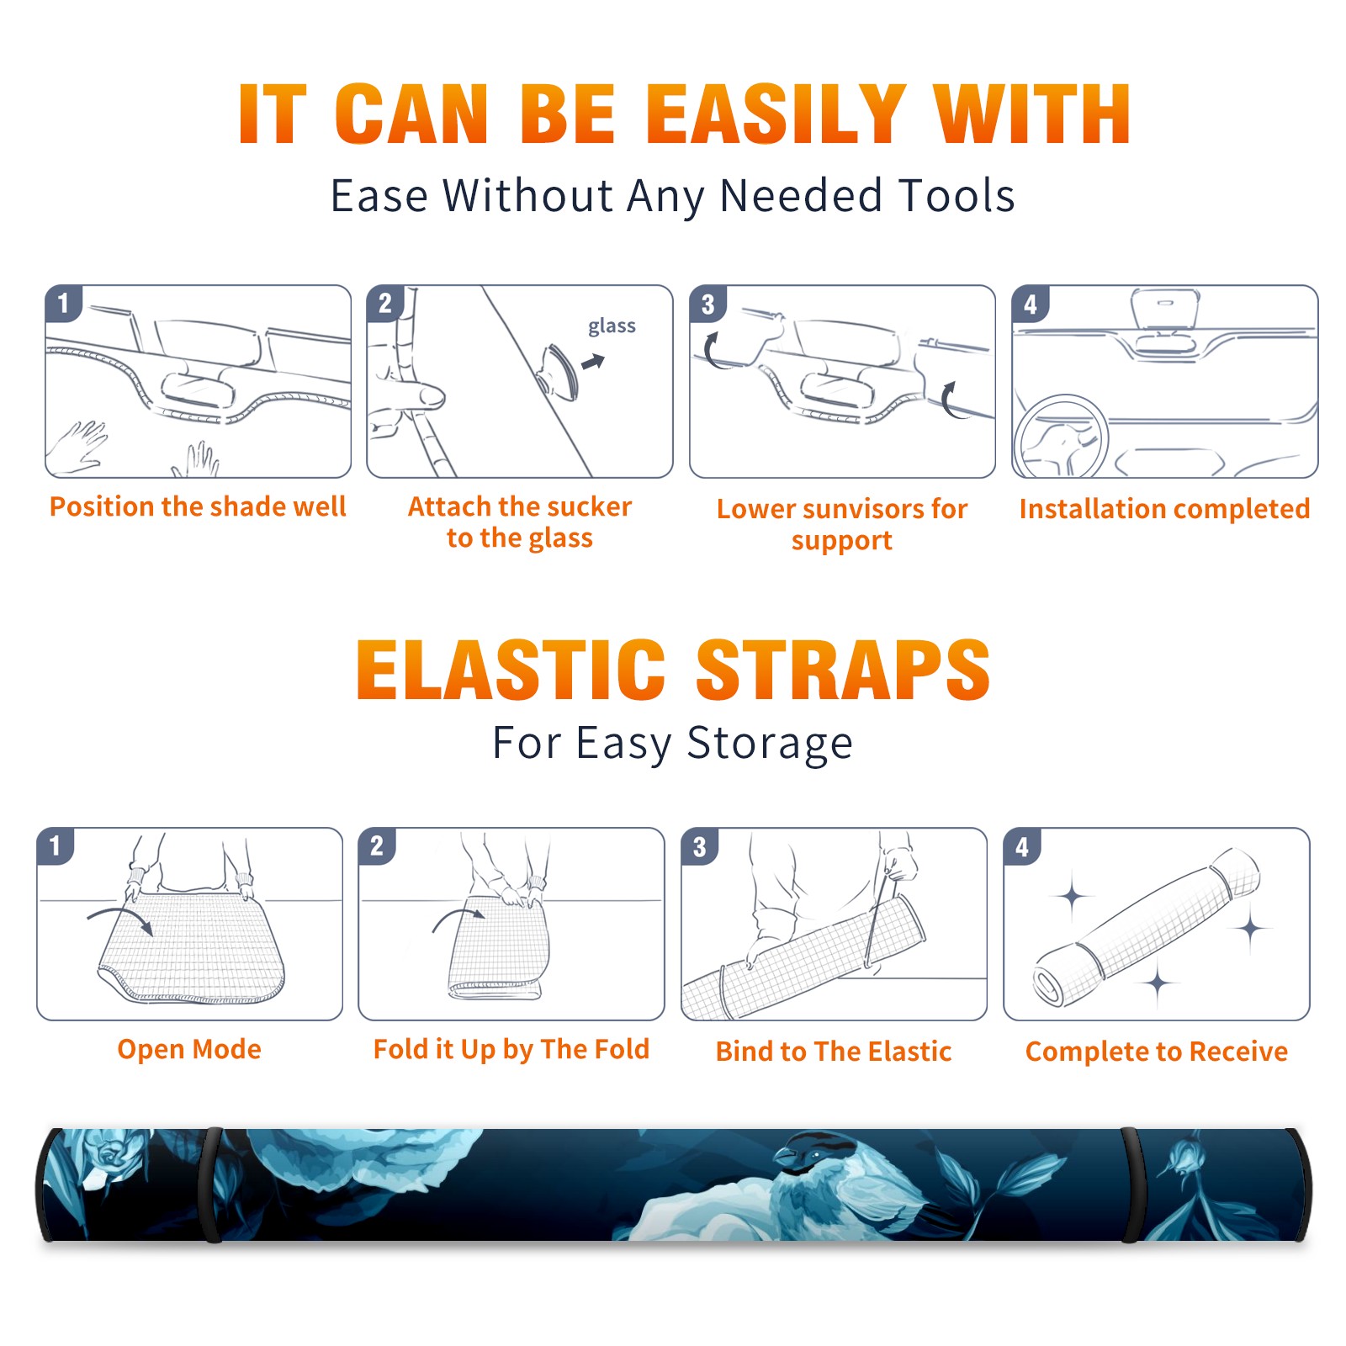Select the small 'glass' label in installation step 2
pos(612,326)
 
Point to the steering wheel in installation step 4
pos(1061,437)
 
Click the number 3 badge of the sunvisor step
pos(707,304)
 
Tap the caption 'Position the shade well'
pos(198,506)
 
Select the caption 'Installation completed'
pos(1164,508)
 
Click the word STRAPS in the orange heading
pos(843,670)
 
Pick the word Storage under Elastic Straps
pos(770,744)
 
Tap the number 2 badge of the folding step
pos(377,846)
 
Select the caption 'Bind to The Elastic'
pos(834,1052)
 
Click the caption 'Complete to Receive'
pos(1157,1052)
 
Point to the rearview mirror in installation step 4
pos(1165,308)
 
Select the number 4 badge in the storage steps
pos(1022,846)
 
